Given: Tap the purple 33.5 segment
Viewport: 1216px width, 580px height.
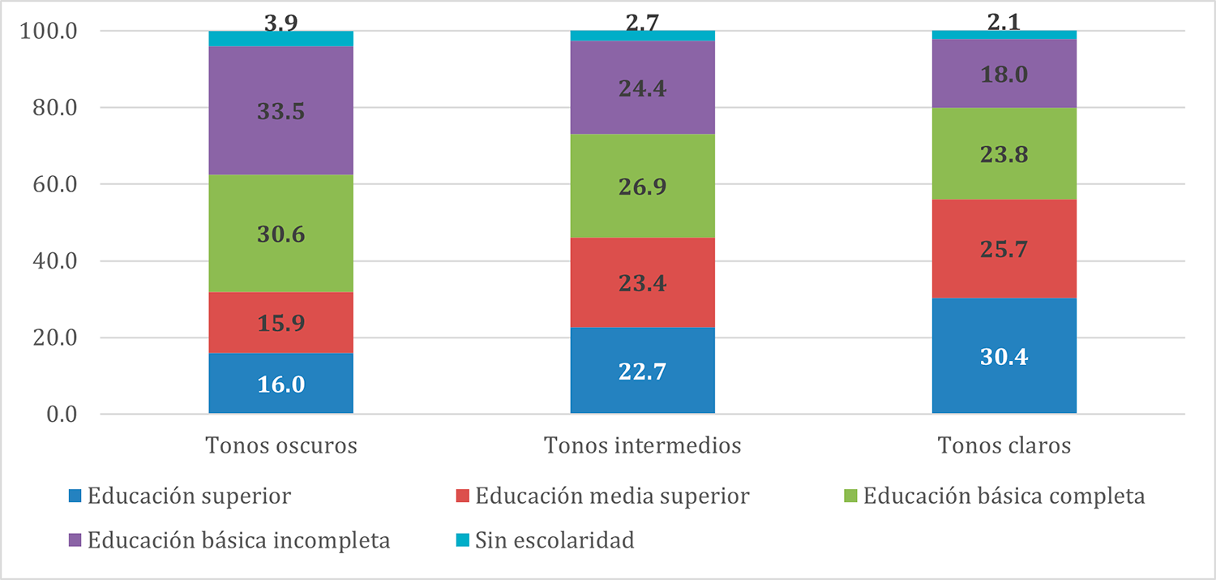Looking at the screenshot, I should coord(280,111).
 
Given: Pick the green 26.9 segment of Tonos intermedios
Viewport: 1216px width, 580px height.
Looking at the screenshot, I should coord(642,186).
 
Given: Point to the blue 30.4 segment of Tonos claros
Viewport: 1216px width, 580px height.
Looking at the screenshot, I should coord(1004,356).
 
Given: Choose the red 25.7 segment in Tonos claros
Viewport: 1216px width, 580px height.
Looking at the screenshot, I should coord(1004,248).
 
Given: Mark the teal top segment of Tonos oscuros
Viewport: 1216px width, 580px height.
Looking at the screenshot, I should coord(280,39).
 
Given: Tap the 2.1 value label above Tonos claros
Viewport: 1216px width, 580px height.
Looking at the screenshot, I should coord(1004,22).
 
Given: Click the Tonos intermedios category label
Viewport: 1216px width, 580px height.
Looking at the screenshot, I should coord(642,446).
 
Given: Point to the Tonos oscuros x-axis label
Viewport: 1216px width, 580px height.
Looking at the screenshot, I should coord(281,446).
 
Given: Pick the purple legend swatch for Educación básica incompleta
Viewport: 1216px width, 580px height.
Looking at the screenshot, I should coord(75,541).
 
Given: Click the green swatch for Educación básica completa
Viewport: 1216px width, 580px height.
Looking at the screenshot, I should coord(850,496).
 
